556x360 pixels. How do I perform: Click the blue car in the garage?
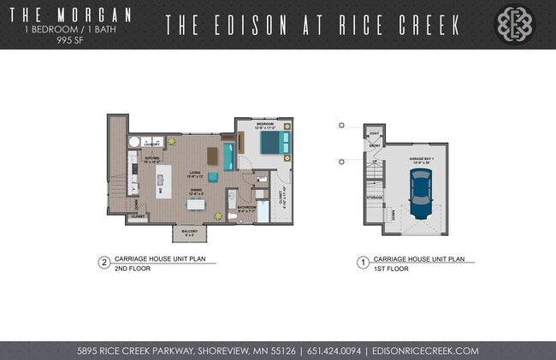click(420, 193)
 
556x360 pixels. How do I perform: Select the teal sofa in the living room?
click(228, 156)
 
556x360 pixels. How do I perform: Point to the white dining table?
click(196, 204)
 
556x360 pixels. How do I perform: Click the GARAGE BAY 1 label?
click(419, 159)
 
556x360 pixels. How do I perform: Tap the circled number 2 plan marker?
click(104, 263)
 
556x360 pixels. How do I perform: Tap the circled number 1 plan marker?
click(363, 263)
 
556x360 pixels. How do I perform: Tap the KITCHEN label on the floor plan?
click(151, 159)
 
